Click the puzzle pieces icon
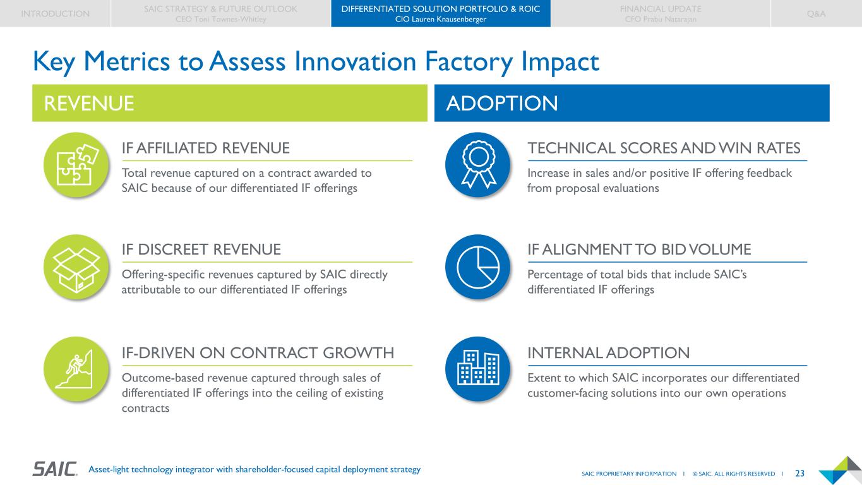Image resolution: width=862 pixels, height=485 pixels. click(76, 165)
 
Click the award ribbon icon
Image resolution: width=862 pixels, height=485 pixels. click(477, 165)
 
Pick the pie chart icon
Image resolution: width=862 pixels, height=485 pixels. click(477, 266)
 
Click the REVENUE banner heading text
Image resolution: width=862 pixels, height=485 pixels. click(89, 103)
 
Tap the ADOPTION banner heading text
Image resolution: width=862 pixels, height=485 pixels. click(502, 103)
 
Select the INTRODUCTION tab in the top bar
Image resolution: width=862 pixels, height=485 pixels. click(55, 13)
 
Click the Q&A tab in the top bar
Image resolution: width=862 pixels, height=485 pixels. click(816, 13)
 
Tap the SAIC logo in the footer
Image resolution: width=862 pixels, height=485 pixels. click(55, 469)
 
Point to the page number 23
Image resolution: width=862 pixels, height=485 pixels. click(799, 473)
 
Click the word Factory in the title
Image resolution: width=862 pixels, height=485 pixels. click(469, 62)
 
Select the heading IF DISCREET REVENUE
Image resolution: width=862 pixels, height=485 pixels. click(201, 249)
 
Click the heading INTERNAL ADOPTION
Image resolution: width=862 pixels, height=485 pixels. click(608, 352)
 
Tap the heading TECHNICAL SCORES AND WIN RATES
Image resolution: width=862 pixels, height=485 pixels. click(664, 148)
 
